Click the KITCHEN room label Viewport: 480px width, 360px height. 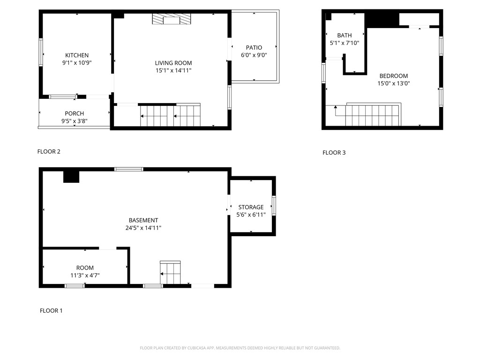click(x=77, y=55)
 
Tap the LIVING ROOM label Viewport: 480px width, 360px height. click(x=173, y=63)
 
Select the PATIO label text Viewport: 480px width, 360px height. click(x=254, y=47)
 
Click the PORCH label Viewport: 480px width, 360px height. click(x=75, y=113)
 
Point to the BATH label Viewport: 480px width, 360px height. click(x=344, y=35)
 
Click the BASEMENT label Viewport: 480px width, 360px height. click(x=143, y=220)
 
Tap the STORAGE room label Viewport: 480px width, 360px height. click(x=251, y=207)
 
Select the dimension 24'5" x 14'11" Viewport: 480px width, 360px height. click(x=143, y=228)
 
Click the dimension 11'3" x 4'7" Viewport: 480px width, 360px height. click(x=85, y=276)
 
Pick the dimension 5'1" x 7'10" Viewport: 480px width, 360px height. click(x=344, y=43)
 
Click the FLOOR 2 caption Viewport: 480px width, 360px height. click(x=49, y=151)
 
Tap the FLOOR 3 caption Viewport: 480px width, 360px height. click(x=334, y=152)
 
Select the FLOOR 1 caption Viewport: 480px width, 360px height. click(x=51, y=311)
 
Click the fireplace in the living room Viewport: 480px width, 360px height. click(x=172, y=19)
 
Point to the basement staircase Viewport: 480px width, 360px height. click(x=170, y=272)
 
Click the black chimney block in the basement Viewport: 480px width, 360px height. click(x=71, y=177)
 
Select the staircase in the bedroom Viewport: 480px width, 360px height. click(x=373, y=115)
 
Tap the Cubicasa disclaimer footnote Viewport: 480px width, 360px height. click(x=240, y=348)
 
